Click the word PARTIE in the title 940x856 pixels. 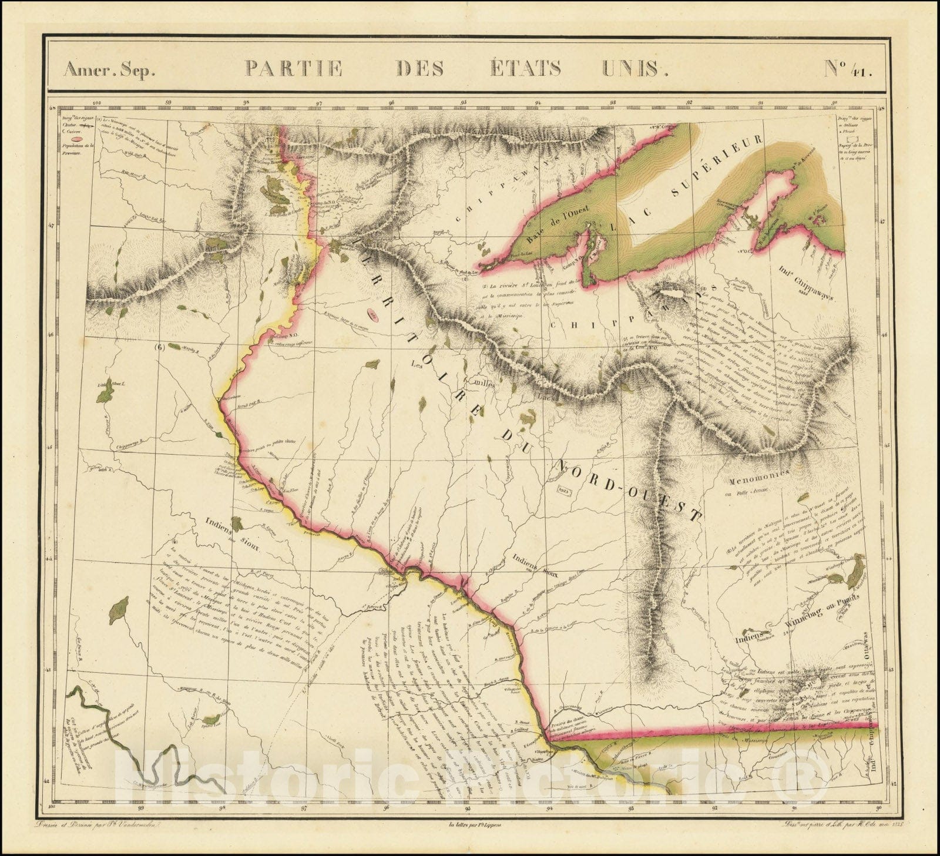(294, 69)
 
